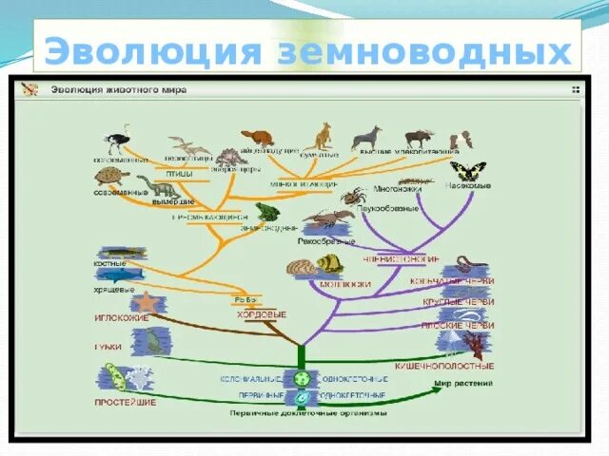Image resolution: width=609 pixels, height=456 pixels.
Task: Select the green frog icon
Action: tap(265, 211)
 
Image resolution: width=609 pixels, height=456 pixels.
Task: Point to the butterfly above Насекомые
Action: tap(467, 172)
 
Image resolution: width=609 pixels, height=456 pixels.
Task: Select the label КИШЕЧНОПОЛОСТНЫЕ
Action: tap(457, 366)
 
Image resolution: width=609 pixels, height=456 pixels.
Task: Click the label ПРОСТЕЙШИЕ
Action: tap(126, 403)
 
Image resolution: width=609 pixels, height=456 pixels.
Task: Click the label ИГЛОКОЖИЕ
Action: tap(121, 319)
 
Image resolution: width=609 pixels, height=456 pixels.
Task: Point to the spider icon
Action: tap(354, 197)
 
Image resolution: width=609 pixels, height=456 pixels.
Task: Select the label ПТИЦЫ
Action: tap(180, 175)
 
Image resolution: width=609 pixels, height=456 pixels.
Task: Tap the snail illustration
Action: tap(329, 265)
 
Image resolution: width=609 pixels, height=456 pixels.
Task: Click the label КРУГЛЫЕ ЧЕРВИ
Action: tap(459, 303)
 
